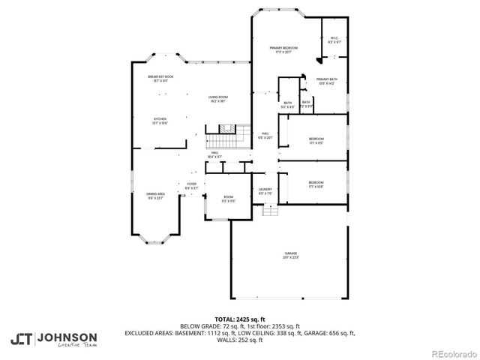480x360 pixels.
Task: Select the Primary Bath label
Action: [x=325, y=82]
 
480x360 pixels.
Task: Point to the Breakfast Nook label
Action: [x=161, y=78]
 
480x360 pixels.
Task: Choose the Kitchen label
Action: [x=160, y=120]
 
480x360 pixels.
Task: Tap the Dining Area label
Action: [x=155, y=196]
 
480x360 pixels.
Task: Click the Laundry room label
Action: [x=265, y=191]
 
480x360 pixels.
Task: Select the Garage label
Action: [x=290, y=255]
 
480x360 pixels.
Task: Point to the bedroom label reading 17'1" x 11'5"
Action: [x=316, y=140]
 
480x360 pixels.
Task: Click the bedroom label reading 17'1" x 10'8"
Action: [x=316, y=184]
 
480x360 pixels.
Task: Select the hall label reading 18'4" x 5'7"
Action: [x=214, y=154]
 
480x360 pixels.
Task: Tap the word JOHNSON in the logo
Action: [x=67, y=337]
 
